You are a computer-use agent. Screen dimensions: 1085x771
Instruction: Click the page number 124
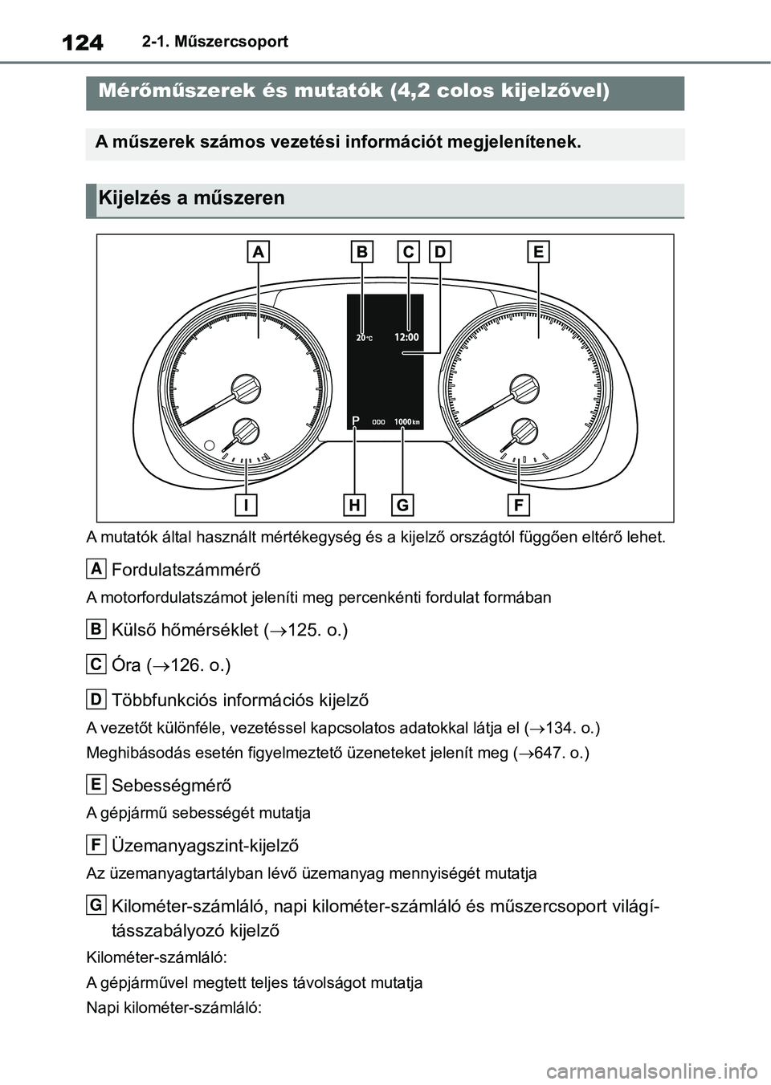coord(82,42)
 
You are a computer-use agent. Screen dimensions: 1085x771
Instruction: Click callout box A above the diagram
coord(258,252)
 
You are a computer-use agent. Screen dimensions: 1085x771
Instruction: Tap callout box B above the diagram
coord(362,252)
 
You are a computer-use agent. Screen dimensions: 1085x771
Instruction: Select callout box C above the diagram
coord(408,252)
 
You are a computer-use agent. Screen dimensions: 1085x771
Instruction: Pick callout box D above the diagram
coord(440,252)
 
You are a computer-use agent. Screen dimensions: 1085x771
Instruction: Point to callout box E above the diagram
coord(538,252)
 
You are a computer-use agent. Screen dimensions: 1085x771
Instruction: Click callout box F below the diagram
coord(518,505)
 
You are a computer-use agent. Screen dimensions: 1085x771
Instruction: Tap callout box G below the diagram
coord(402,505)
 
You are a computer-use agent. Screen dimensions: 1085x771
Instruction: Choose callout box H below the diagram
coord(354,505)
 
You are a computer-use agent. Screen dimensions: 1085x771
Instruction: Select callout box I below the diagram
coord(247,505)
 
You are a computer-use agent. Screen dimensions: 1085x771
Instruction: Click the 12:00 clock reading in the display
coord(407,337)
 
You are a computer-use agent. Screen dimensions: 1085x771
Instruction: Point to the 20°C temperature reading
coord(364,338)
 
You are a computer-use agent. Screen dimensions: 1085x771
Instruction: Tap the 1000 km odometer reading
coord(407,421)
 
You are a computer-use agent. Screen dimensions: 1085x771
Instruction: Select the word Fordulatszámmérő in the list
coord(186,571)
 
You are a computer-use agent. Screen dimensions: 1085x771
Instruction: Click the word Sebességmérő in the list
coord(171,786)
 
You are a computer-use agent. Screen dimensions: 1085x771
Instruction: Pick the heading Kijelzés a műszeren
coord(191,198)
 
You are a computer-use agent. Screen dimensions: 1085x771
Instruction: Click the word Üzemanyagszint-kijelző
coord(205,846)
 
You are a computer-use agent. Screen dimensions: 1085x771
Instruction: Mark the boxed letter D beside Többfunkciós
coord(96,700)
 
